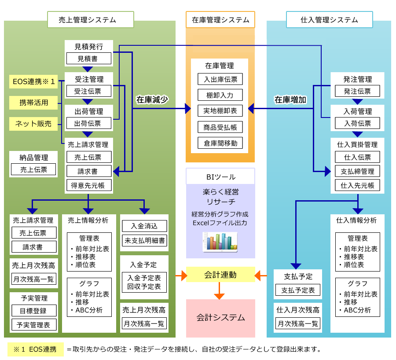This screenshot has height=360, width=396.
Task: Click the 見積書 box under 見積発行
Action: pyautogui.click(x=88, y=58)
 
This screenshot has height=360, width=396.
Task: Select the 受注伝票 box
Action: pyautogui.click(x=88, y=91)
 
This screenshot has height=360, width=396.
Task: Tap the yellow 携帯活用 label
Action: pyautogui.click(x=33, y=103)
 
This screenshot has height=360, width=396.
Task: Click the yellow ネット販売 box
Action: pyautogui.click(x=33, y=124)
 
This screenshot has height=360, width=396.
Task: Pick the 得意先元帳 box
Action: pyautogui.click(x=88, y=185)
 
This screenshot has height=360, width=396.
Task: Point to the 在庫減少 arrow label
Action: pyautogui.click(x=153, y=99)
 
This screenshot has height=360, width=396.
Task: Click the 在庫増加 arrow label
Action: pyautogui.click(x=290, y=99)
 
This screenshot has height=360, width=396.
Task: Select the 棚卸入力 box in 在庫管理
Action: pyautogui.click(x=220, y=95)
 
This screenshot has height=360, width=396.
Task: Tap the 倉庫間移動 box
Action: pyautogui.click(x=220, y=143)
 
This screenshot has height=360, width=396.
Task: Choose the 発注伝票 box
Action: pyautogui.click(x=357, y=91)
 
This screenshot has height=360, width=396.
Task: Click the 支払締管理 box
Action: pyautogui.click(x=357, y=171)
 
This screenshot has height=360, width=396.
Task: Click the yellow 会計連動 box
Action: pyautogui.click(x=220, y=275)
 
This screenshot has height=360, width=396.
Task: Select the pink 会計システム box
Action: pyautogui.click(x=220, y=318)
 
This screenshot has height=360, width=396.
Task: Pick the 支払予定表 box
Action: pyautogui.click(x=298, y=290)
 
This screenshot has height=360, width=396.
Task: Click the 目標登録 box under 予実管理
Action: pyautogui.click(x=34, y=310)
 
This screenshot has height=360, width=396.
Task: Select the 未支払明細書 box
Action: pyautogui.click(x=144, y=240)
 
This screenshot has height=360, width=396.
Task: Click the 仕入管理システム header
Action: pyautogui.click(x=329, y=20)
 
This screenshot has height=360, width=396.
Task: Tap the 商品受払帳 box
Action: pyautogui.click(x=220, y=127)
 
